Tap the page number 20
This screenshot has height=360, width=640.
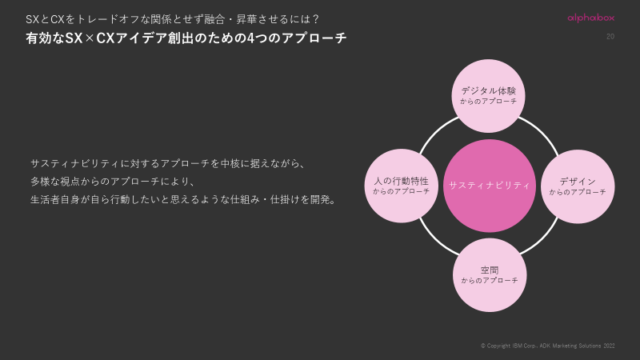tap(610, 37)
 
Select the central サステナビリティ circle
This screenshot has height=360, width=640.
tap(489, 186)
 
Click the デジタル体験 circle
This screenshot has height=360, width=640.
tap(489, 96)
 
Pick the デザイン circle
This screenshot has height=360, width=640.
tap(578, 186)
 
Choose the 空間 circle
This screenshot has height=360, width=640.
tap(490, 275)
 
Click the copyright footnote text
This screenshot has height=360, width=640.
tap(547, 346)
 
